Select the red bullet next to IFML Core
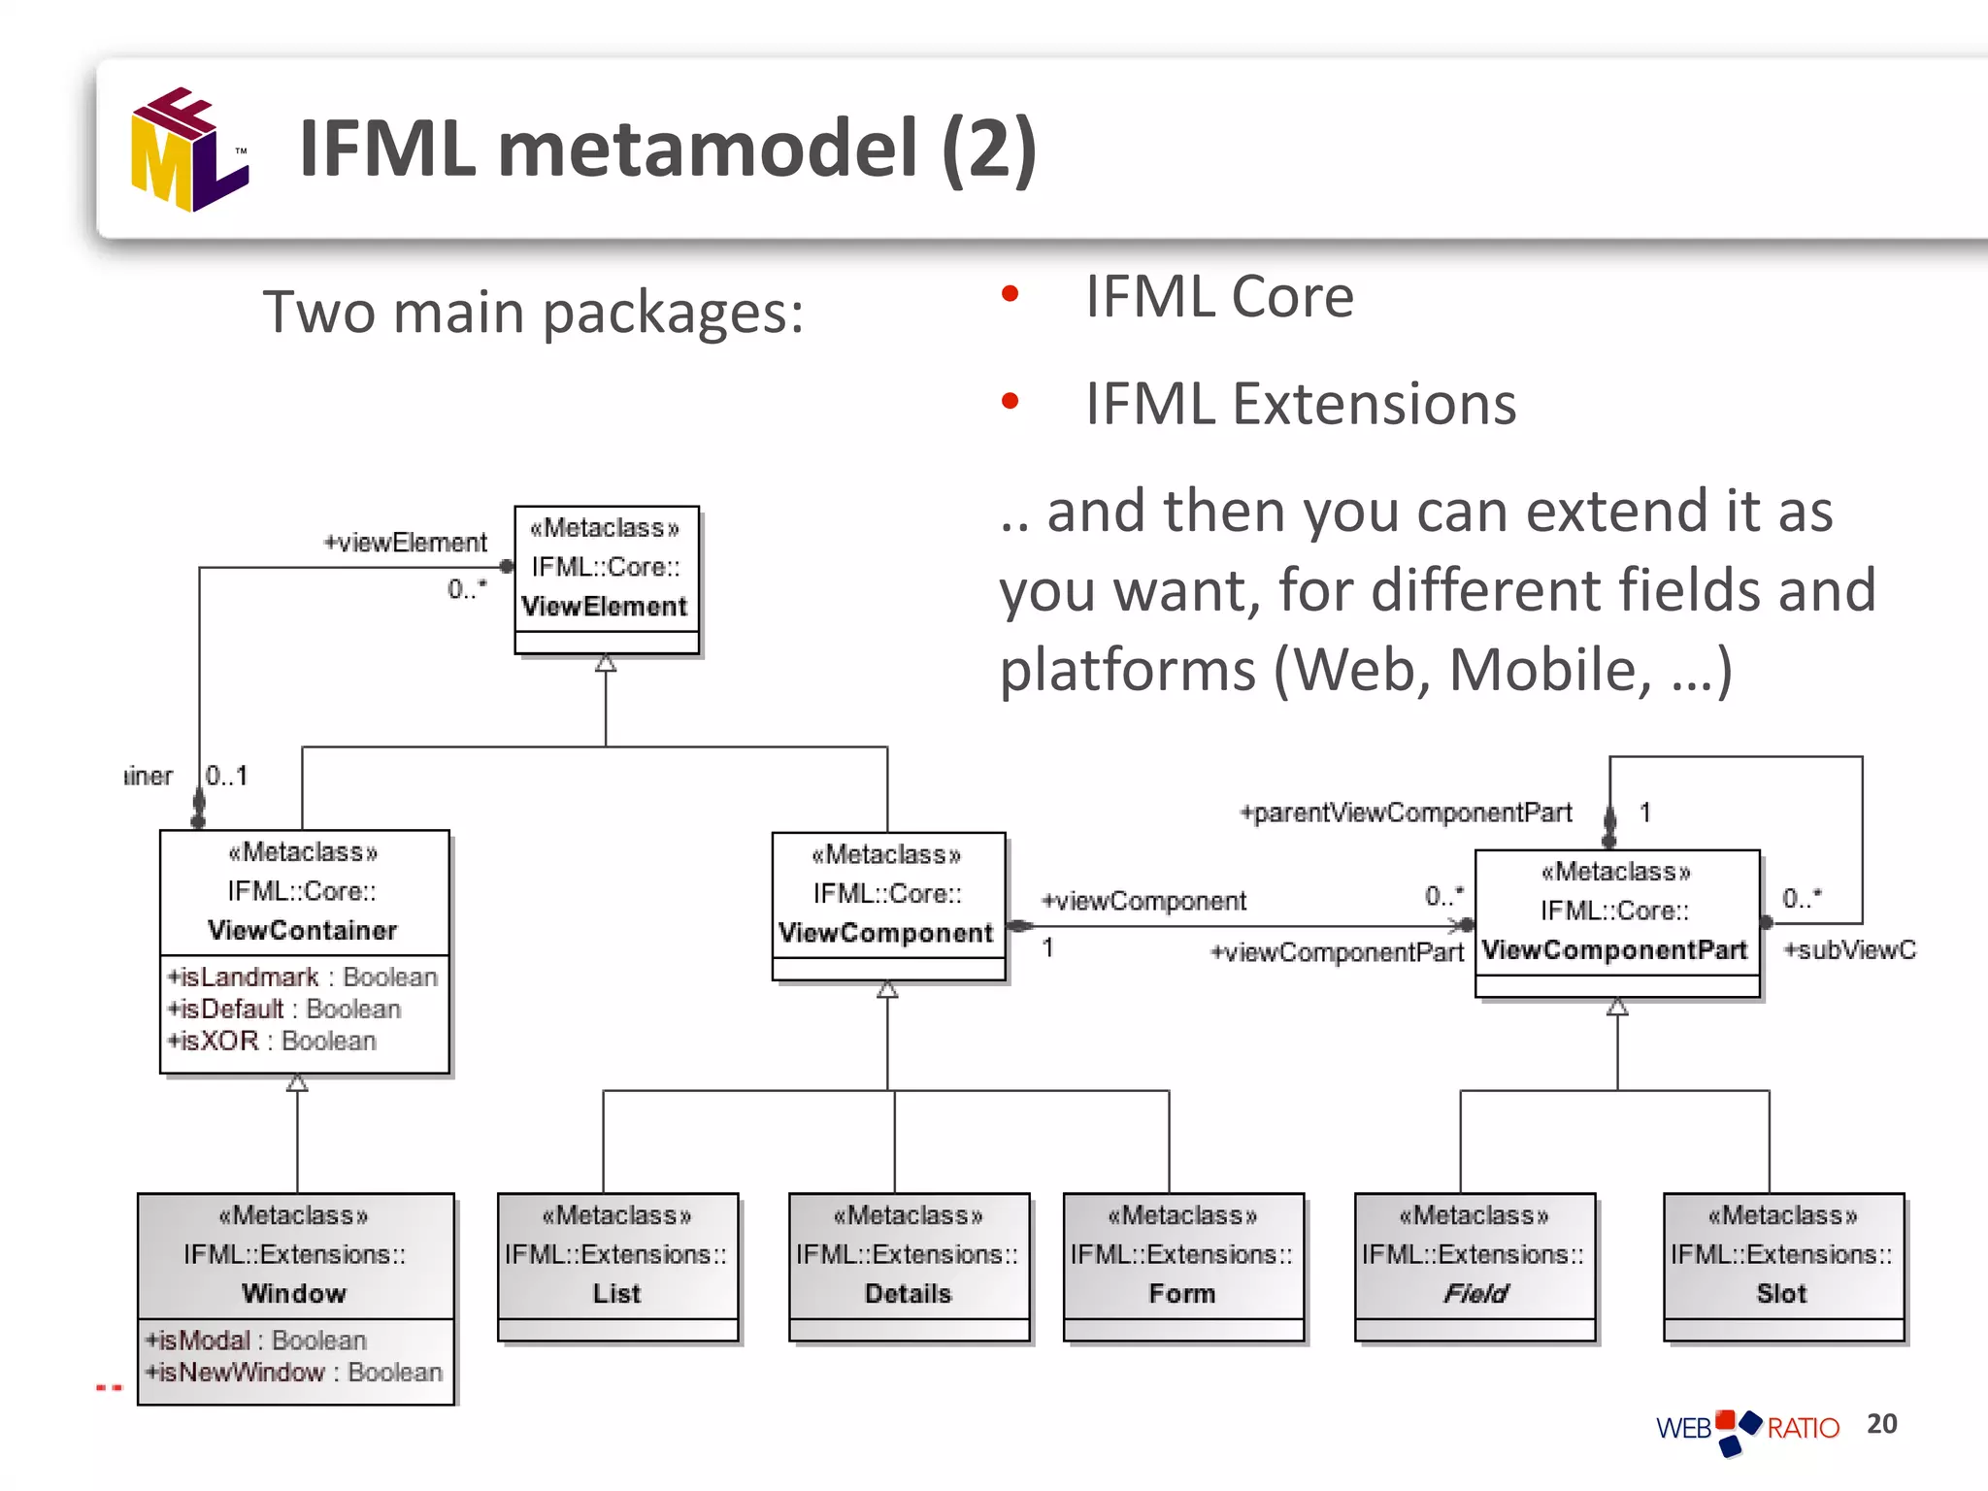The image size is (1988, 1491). (x=1010, y=293)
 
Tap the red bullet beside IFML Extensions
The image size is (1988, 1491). (x=1010, y=401)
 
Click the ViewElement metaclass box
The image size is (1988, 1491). (x=606, y=579)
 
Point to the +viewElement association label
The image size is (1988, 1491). (x=406, y=543)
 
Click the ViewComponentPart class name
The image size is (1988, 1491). (x=1615, y=949)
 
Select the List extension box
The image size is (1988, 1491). (x=617, y=1265)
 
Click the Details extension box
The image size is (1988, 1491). (x=909, y=1265)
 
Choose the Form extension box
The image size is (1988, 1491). (x=1182, y=1265)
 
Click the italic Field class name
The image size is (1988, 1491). (x=1474, y=1293)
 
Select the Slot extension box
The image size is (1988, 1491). (x=1782, y=1265)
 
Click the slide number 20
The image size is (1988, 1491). (x=1881, y=1423)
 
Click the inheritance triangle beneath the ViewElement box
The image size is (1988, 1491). (x=606, y=663)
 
